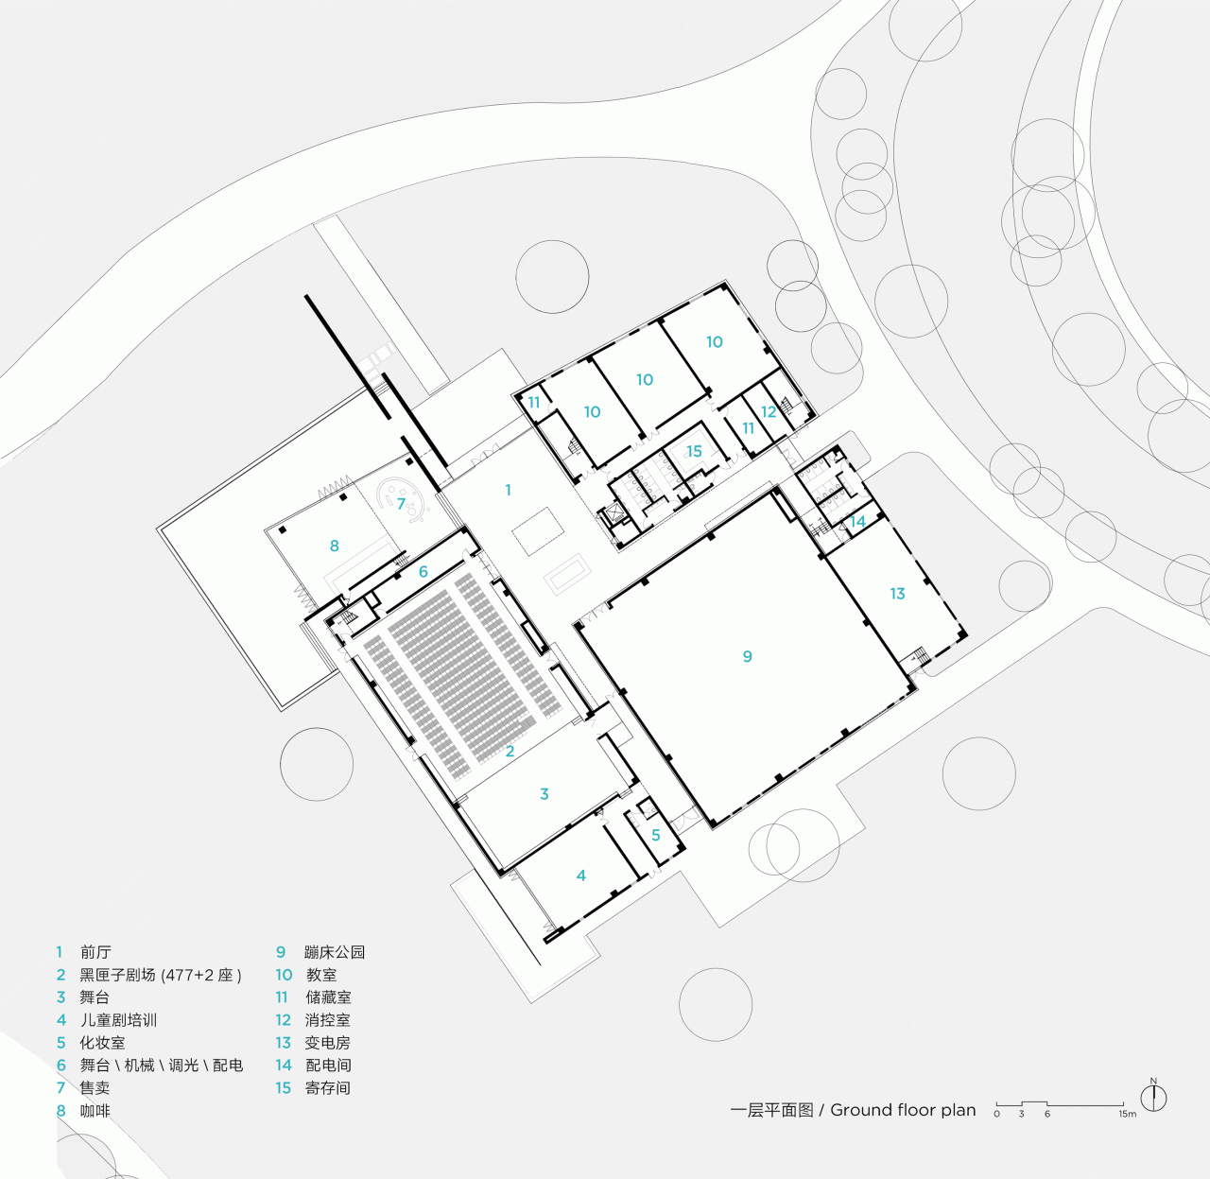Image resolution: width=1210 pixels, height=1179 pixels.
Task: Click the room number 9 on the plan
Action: tap(747, 656)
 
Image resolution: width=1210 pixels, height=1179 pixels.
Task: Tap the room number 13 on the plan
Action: tap(897, 594)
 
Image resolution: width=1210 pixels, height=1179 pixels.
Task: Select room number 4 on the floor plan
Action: tap(581, 876)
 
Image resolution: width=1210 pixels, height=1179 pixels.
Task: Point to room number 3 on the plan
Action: tap(544, 794)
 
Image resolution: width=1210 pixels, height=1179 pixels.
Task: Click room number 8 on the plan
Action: tap(334, 546)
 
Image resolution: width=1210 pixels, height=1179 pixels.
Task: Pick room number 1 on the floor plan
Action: tap(508, 490)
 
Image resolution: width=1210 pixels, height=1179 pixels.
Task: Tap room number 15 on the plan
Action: tap(694, 451)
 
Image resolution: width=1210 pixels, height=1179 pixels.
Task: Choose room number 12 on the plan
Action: tap(769, 411)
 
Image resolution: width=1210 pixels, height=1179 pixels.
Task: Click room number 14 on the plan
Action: tap(857, 521)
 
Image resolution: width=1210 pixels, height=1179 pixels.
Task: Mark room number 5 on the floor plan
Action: tap(655, 836)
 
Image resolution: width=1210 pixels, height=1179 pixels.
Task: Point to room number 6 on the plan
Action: tap(423, 572)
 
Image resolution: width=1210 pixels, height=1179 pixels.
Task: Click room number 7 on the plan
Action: tap(401, 504)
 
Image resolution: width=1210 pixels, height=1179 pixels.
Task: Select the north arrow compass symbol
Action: tap(1153, 1098)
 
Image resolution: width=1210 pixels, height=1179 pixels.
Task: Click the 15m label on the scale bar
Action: tap(1127, 1114)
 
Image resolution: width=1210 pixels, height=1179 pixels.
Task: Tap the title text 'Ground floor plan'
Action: tap(903, 1110)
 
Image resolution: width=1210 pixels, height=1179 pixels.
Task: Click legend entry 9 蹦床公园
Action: tap(320, 952)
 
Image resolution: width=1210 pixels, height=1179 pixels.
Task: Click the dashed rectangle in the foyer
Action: tap(537, 530)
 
